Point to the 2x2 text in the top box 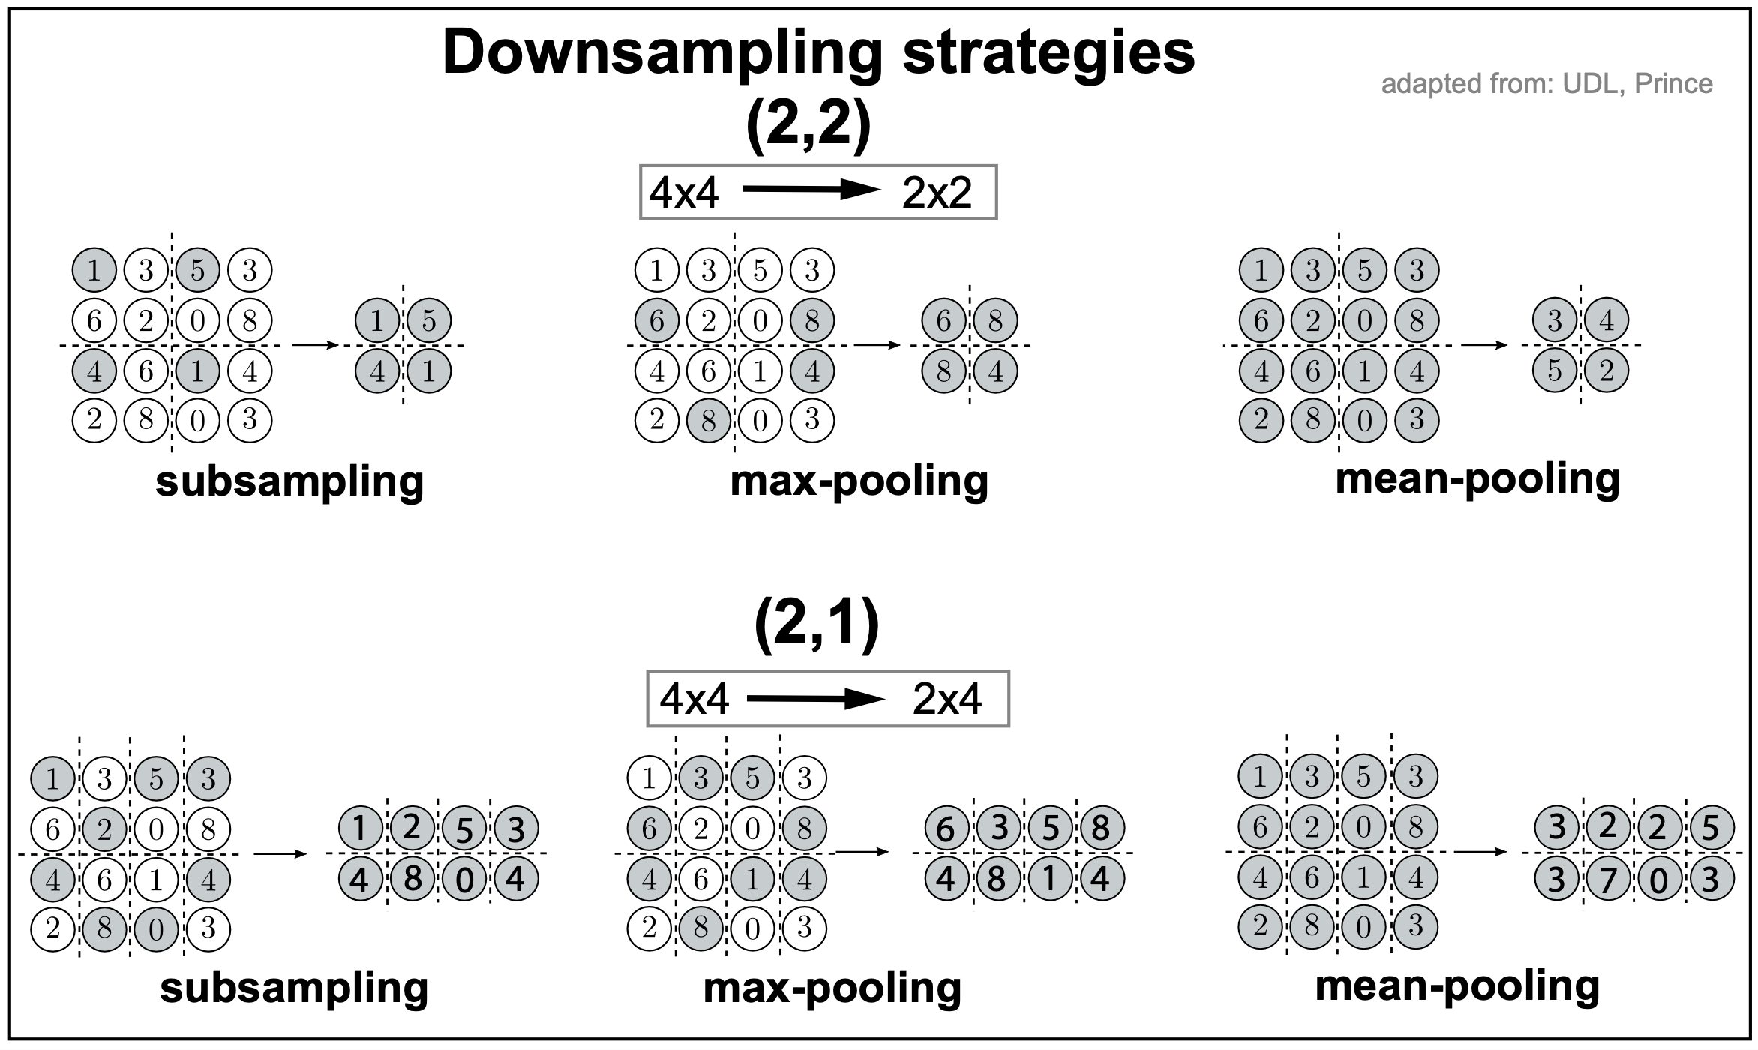point(937,193)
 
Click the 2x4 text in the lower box point(946,700)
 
